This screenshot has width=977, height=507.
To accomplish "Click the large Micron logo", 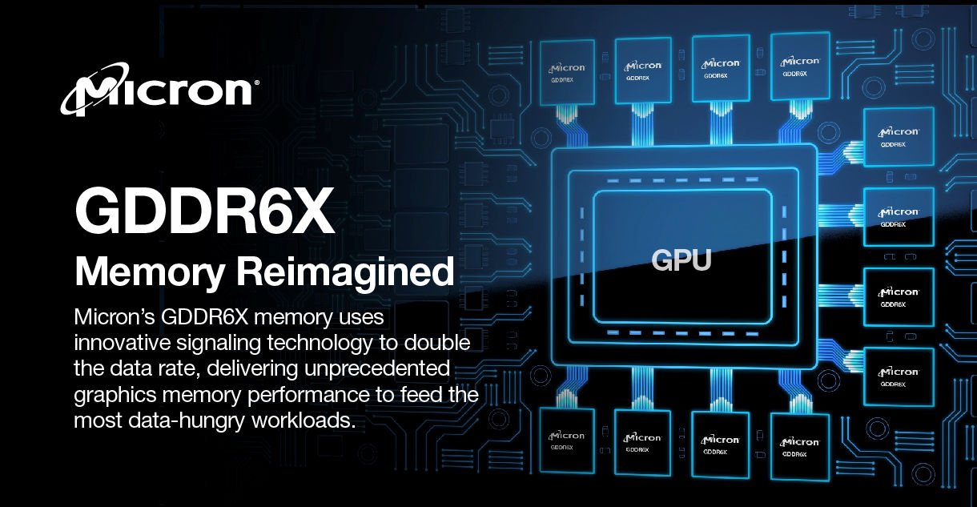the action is pos(159,90).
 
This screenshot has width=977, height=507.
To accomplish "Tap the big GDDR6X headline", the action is pos(204,211).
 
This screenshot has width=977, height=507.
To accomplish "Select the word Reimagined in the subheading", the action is pos(345,272).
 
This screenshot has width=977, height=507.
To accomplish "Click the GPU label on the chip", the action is pos(681,260).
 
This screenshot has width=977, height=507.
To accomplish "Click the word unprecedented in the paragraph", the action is pos(377,368).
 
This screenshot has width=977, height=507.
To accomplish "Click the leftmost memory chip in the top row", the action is pos(567,73).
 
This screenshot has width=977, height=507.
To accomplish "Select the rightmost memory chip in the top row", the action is pos(800,66).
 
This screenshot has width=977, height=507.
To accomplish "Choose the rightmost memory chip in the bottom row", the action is pos(800,447).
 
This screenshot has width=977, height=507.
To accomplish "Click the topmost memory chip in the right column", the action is pos(899,137).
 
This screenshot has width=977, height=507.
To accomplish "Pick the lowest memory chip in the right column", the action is pos(899,377).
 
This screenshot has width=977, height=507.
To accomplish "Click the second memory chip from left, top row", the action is pos(643,70).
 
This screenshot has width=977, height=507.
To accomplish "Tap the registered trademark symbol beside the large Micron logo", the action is pos(256,82).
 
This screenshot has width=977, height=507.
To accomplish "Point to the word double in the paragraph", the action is pos(437,343).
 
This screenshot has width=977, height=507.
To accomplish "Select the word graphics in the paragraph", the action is pos(115,396).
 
